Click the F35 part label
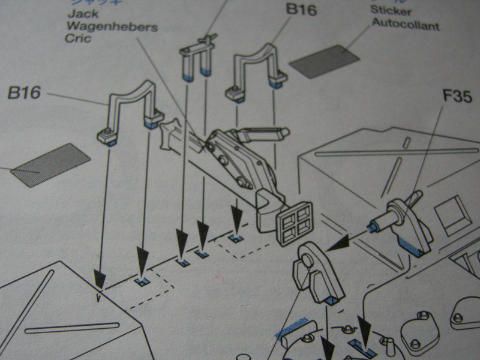(x=457, y=95)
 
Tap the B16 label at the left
(x=24, y=93)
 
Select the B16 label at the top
(x=301, y=10)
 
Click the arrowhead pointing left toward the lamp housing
(x=340, y=242)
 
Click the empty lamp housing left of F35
(x=319, y=270)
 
